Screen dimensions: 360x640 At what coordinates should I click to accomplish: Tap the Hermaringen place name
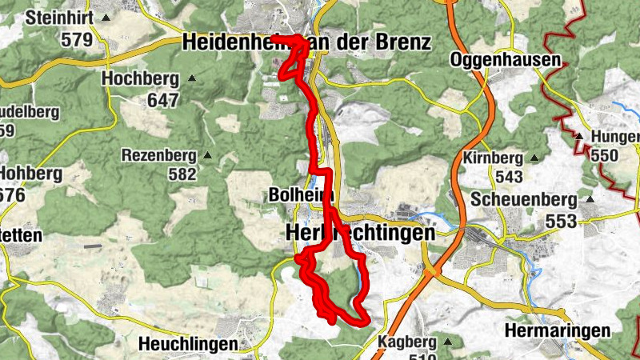coord(558,330)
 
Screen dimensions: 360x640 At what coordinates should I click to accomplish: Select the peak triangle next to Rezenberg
coord(208,155)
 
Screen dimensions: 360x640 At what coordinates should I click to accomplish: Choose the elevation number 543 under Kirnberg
coord(507,177)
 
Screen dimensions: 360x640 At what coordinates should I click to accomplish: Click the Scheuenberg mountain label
coord(524,199)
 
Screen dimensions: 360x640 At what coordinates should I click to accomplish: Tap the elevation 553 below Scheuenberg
coord(562,220)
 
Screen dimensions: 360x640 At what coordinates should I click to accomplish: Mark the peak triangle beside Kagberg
coord(447,342)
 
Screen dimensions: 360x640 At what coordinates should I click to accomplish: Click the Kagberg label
coord(408,342)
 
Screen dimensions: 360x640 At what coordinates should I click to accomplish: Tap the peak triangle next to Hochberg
coord(191,78)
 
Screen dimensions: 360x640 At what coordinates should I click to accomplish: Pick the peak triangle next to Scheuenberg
coord(590,199)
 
